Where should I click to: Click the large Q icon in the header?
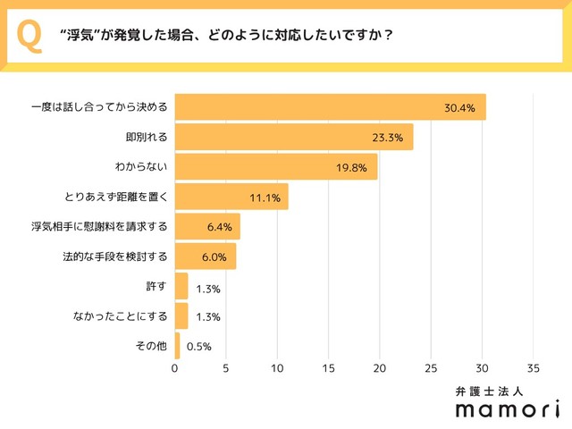pyautogui.click(x=29, y=36)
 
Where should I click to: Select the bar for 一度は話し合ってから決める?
pyautogui.click(x=330, y=107)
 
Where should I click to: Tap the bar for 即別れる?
pyautogui.click(x=293, y=137)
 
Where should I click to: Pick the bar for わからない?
pyautogui.click(x=275, y=166)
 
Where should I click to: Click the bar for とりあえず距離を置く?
pyautogui.click(x=231, y=197)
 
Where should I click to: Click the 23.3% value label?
pyautogui.click(x=388, y=138)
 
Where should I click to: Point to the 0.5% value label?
pyautogui.click(x=198, y=347)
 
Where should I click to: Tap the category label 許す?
pyautogui.click(x=156, y=286)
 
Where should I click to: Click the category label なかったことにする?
pyautogui.click(x=121, y=316)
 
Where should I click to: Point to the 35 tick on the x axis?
pyautogui.click(x=534, y=367)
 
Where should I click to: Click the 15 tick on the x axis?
pyautogui.click(x=329, y=367)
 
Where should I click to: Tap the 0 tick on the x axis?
pyautogui.click(x=175, y=367)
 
